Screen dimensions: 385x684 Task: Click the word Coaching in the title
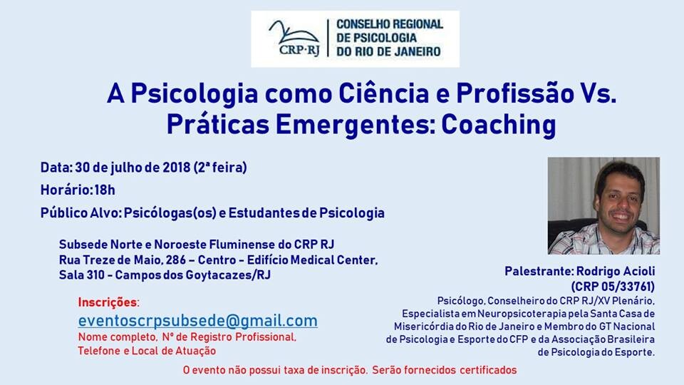coord(498,124)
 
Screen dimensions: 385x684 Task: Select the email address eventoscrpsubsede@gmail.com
coord(197,320)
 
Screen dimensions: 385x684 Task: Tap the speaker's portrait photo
coord(603,206)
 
